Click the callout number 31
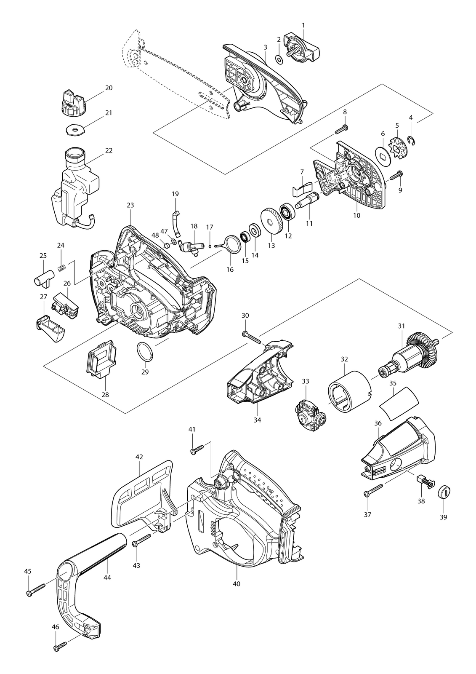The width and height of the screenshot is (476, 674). pos(402,326)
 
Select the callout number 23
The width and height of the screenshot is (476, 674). pos(130,205)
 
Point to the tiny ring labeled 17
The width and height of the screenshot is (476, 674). pos(210,246)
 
